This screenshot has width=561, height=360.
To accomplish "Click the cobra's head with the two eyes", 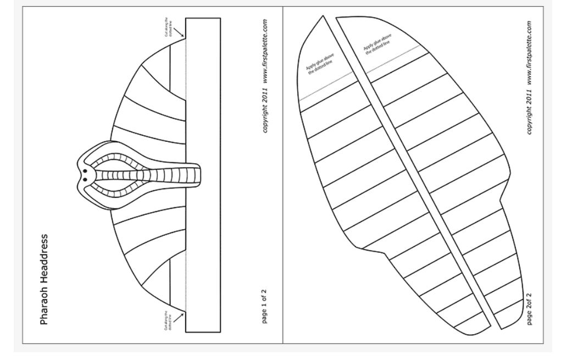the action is click(85, 175).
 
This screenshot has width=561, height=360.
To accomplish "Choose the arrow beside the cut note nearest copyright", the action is click(179, 35).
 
